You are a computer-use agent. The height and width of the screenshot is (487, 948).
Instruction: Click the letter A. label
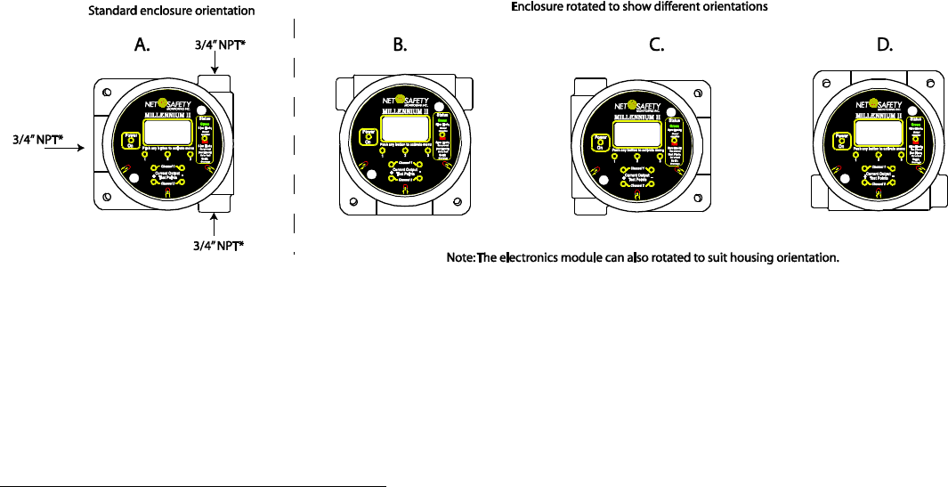[x=142, y=47]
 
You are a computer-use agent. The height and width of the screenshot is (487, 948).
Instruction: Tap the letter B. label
[x=400, y=47]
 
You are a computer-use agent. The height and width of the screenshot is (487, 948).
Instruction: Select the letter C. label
[x=657, y=47]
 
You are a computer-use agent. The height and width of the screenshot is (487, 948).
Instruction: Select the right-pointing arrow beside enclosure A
[x=62, y=150]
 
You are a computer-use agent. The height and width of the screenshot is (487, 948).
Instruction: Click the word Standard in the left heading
[x=112, y=12]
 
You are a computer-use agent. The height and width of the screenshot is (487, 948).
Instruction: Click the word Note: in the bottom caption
[x=460, y=258]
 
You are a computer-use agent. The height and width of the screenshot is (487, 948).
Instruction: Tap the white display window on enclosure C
[x=638, y=132]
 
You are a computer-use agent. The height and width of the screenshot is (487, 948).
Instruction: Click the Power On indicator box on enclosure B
[x=364, y=136]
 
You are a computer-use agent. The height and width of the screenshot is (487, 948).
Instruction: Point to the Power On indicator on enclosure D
[x=839, y=139]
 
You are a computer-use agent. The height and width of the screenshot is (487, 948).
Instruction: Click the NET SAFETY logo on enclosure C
[x=640, y=104]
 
